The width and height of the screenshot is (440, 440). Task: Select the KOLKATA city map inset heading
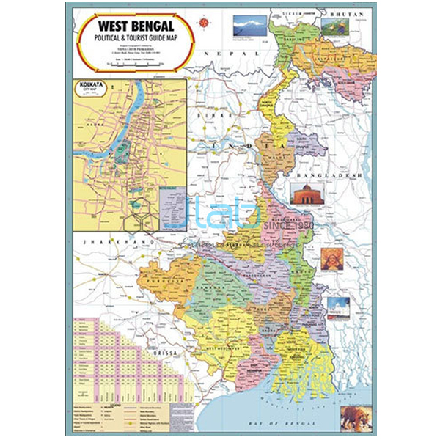[91, 87]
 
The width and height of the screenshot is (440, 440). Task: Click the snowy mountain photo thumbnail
[249, 27]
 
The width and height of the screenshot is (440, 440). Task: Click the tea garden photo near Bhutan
[335, 29]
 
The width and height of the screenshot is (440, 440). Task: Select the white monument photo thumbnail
[337, 307]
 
